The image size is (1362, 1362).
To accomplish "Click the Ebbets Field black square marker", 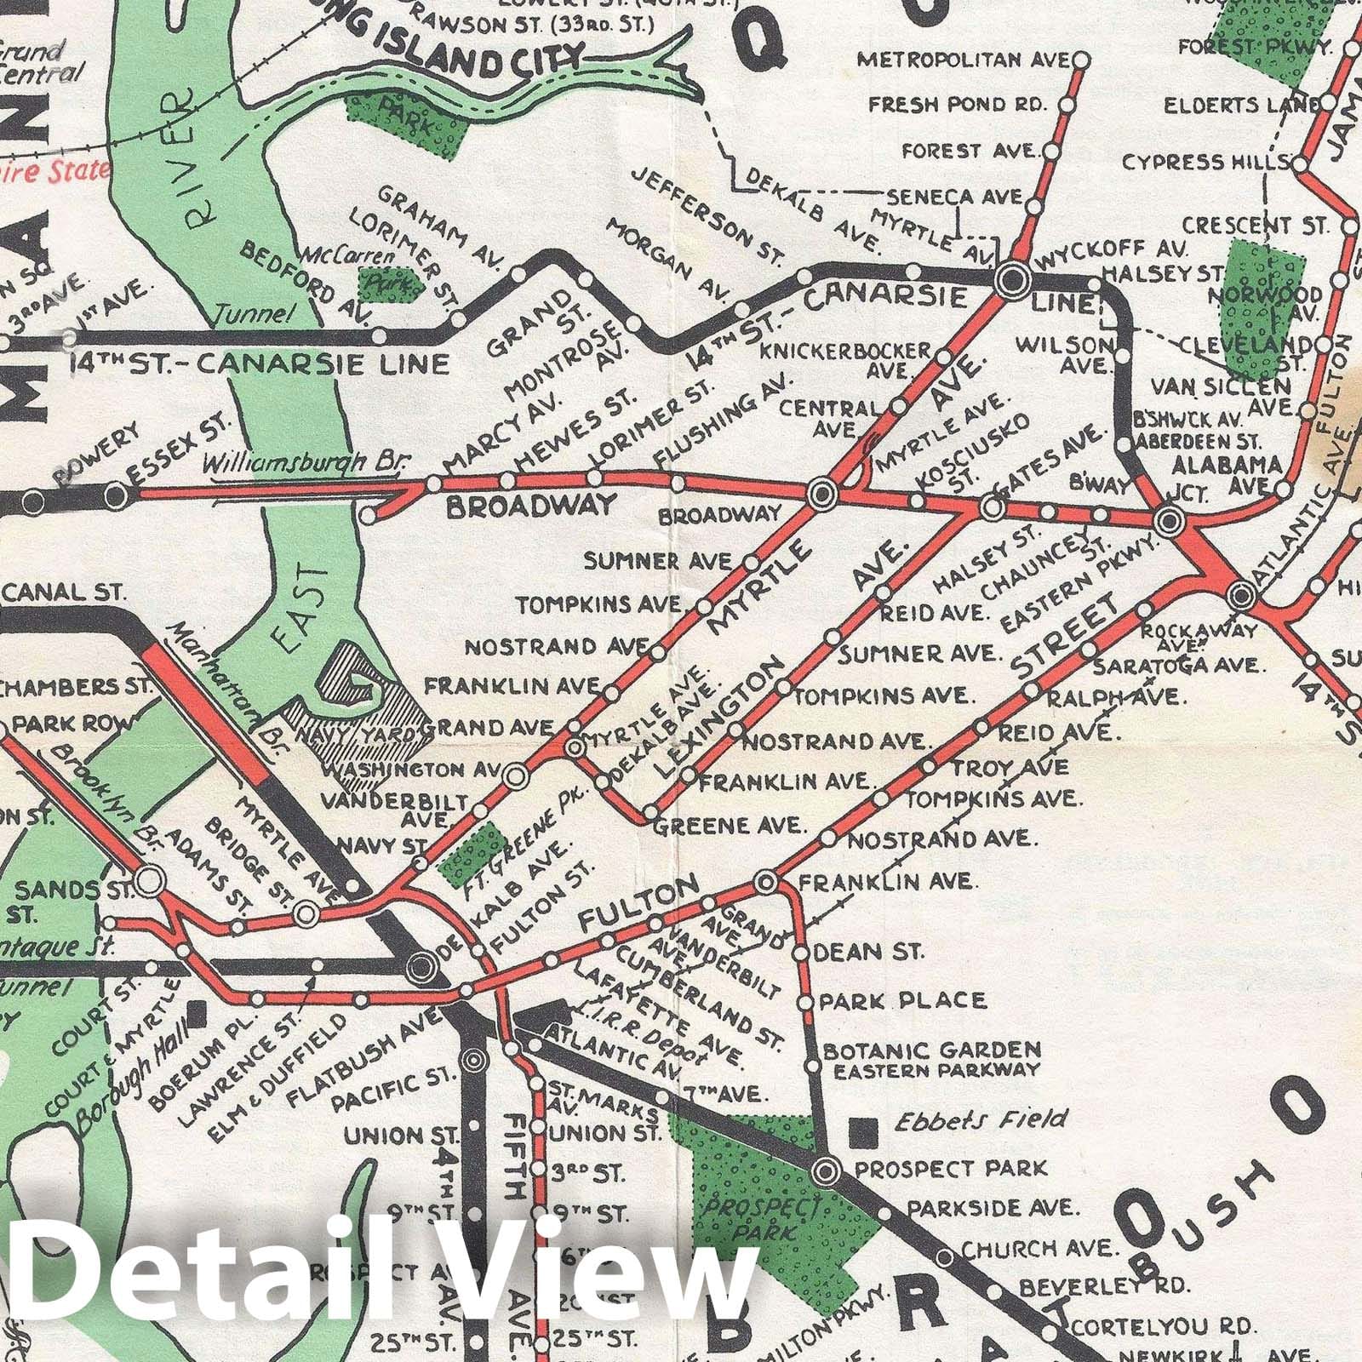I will tap(866, 1131).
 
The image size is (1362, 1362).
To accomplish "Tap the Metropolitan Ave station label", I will tap(962, 60).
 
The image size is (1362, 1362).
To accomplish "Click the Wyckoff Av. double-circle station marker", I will tap(1014, 278).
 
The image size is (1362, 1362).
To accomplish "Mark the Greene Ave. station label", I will tap(731, 825).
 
